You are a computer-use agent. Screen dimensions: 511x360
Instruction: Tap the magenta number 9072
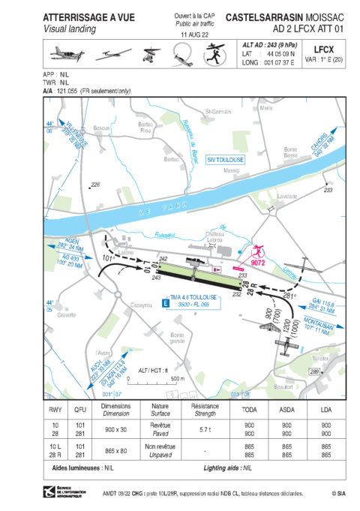pos(258,263)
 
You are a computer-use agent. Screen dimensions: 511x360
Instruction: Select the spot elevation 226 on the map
pos(94,185)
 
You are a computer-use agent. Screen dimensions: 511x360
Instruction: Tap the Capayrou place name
pos(121,305)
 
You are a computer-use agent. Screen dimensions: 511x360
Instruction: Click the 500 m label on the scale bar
pos(177,379)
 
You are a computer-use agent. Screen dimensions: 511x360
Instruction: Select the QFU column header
pos(79,409)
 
